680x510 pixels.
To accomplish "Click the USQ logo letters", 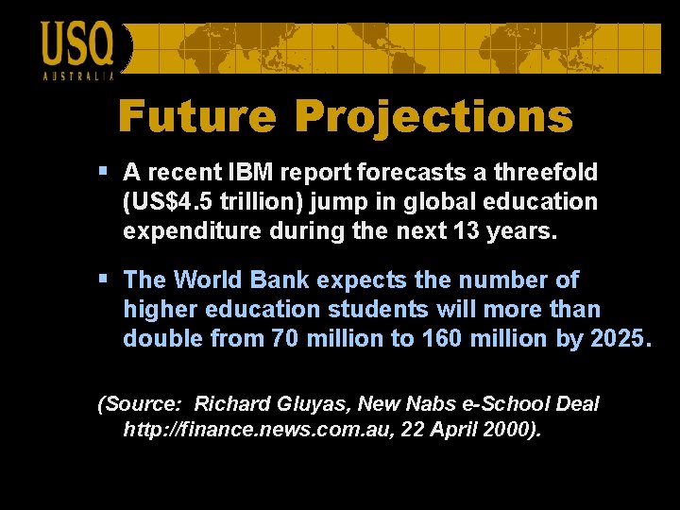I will (x=76, y=45).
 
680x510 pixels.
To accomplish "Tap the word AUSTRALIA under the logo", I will (x=78, y=76).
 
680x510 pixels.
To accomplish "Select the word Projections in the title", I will (x=433, y=117).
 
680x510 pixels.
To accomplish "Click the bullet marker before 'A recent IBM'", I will (x=103, y=172).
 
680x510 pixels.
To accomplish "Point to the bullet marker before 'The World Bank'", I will (x=103, y=280).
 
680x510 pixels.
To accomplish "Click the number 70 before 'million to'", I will (x=284, y=339).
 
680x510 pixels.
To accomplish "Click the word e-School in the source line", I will (x=508, y=404).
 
